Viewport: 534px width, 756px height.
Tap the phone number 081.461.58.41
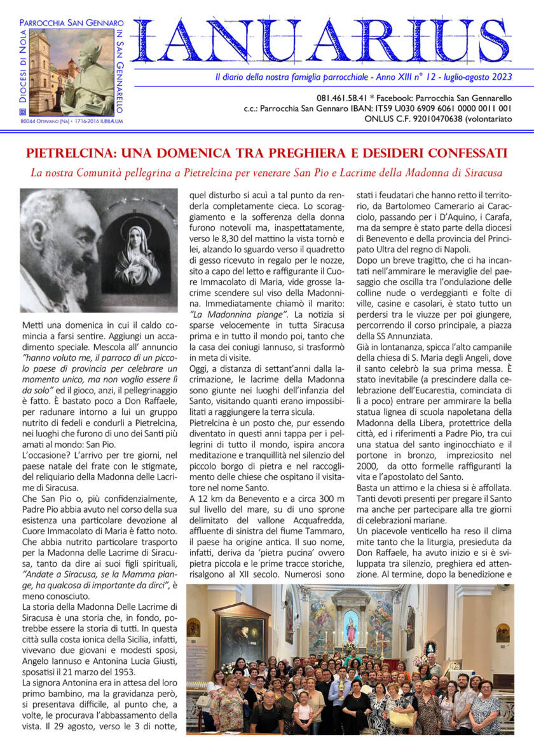click(343, 98)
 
